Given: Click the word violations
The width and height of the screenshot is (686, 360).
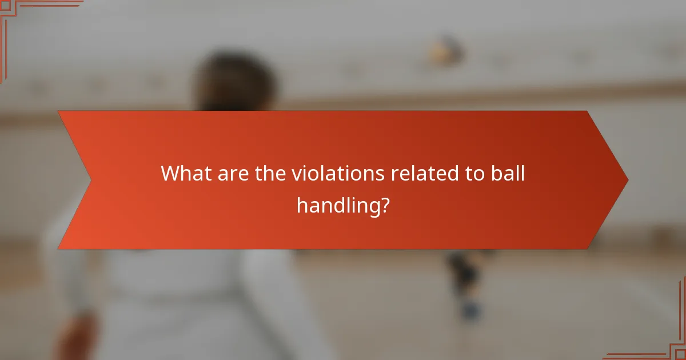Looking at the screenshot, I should tap(338, 173).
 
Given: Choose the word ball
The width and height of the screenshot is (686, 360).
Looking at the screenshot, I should tap(506, 173).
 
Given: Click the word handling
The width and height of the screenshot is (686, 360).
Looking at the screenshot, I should tap(337, 205).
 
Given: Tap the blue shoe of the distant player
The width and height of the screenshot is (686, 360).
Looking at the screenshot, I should tap(470, 310).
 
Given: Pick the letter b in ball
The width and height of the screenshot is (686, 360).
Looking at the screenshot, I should tap(494, 173).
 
